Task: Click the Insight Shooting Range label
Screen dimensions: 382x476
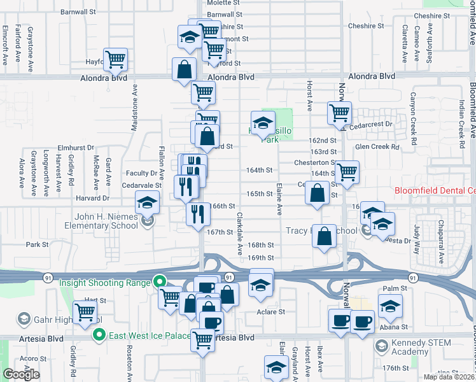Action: click(106, 282)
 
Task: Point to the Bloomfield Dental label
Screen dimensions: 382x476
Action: click(435, 190)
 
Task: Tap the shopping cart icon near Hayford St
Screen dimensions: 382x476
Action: click(116, 60)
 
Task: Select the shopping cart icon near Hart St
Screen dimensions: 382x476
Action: click(85, 312)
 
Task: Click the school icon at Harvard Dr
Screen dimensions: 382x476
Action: click(147, 203)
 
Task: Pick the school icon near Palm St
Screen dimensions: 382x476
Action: click(390, 307)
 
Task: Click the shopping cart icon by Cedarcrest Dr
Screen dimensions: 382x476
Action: click(339, 113)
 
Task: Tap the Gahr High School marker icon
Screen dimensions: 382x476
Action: click(24, 318)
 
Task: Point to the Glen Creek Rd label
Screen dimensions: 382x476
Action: click(377, 146)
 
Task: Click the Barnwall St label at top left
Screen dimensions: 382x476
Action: click(78, 11)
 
